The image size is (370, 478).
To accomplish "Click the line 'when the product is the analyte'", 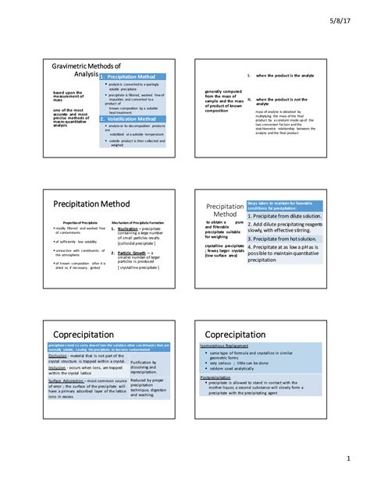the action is point(286,75).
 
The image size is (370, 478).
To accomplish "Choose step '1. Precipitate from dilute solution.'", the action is point(284,216).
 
